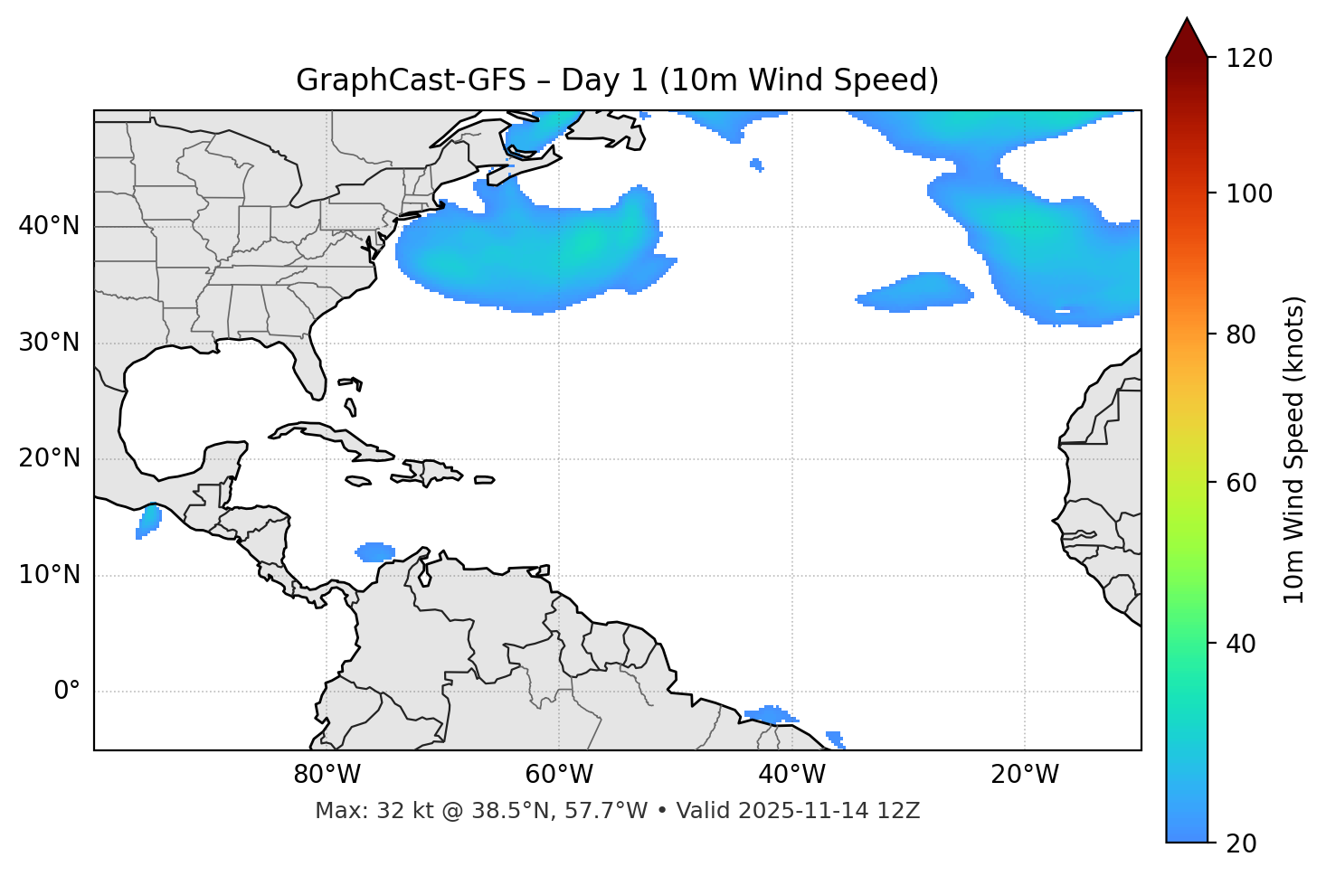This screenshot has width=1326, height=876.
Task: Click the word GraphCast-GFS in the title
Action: [x=411, y=80]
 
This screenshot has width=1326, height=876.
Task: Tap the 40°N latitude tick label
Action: [x=49, y=226]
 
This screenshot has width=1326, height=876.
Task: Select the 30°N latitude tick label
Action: [x=49, y=343]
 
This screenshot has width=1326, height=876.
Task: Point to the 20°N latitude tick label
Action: [x=49, y=458]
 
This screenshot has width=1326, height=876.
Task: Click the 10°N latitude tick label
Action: [x=49, y=575]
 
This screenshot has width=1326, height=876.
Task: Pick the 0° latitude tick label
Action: [x=67, y=692]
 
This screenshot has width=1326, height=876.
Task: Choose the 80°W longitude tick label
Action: [x=327, y=775]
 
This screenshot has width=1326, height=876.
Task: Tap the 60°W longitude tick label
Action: [x=559, y=775]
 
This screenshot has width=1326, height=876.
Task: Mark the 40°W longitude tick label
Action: [x=791, y=775]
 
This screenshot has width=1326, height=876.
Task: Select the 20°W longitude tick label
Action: [x=1024, y=775]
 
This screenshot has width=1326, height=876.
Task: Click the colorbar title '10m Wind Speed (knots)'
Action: [x=1294, y=449]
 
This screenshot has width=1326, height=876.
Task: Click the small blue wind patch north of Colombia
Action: [x=375, y=551]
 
